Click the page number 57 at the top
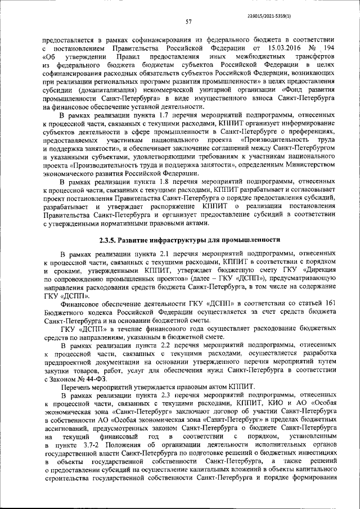189,22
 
